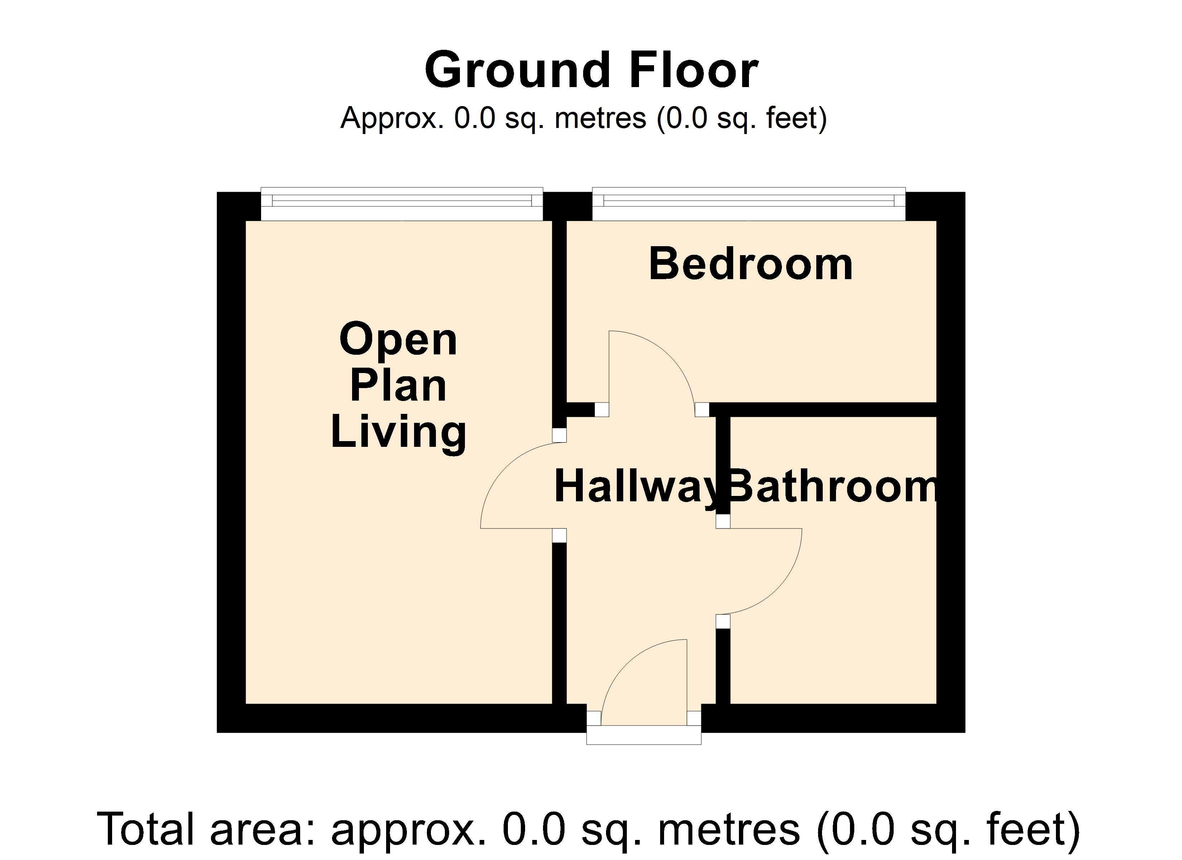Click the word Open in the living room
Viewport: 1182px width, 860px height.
(398, 340)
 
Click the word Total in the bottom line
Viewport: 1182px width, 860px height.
(149, 829)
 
